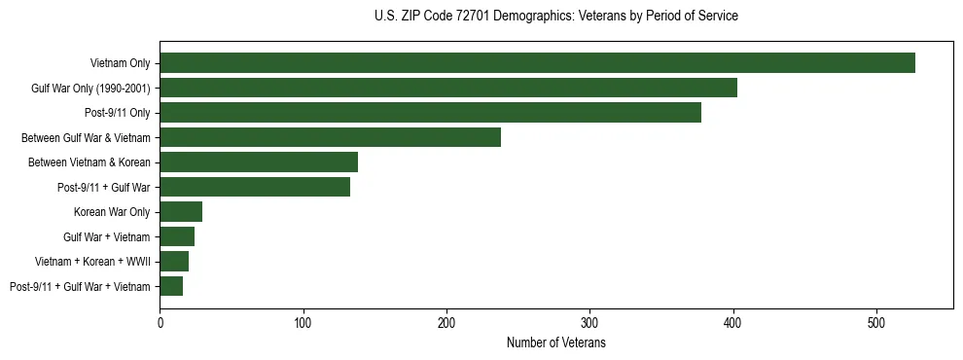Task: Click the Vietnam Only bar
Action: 537,62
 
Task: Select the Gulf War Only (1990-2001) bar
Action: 448,88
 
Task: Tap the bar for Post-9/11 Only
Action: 430,113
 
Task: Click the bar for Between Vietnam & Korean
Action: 259,162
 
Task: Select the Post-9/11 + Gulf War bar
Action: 255,187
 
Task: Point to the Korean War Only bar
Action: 181,212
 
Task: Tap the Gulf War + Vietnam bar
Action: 177,236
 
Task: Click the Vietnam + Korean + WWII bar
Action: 174,262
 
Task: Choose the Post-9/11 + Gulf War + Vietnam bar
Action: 171,286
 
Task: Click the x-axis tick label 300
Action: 590,321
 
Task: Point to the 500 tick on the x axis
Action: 876,321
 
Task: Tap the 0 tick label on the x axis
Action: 160,321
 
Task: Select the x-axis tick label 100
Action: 303,321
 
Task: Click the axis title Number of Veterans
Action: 556,342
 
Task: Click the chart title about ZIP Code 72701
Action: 556,16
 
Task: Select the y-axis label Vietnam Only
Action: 120,63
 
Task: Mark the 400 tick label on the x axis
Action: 733,321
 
